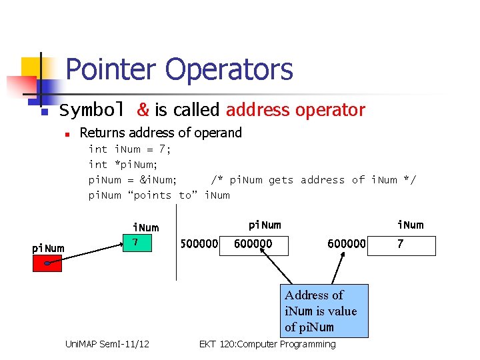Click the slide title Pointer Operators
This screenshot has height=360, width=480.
(179, 69)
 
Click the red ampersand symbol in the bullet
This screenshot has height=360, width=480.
(143, 110)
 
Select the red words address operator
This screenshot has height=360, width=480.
(295, 110)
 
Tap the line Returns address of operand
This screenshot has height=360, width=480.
(161, 133)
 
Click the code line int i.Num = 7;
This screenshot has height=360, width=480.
(130, 149)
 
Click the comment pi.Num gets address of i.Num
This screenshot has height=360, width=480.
(313, 180)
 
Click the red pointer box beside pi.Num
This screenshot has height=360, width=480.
(47, 263)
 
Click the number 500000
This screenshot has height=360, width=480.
(199, 244)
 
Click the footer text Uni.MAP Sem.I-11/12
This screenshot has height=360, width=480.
(107, 344)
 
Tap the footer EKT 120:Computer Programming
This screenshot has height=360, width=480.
(267, 344)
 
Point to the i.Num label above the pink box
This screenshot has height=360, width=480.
(146, 228)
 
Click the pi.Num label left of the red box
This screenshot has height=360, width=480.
(49, 249)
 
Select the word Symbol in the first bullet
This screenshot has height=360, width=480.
(92, 110)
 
